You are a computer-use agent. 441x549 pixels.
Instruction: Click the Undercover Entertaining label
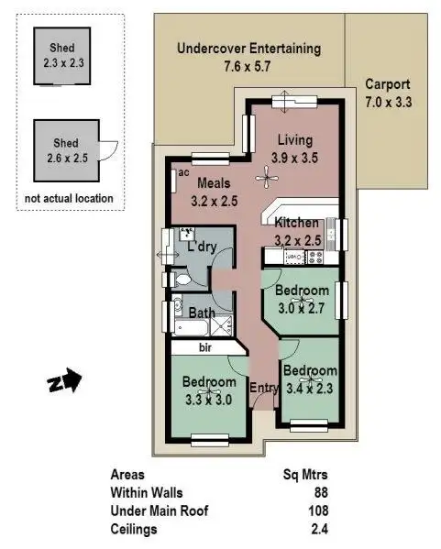[x=248, y=49]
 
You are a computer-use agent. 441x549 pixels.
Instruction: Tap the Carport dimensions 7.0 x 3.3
[x=388, y=103]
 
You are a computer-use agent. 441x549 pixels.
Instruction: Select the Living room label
[x=294, y=140]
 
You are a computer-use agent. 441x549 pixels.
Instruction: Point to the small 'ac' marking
[x=184, y=172]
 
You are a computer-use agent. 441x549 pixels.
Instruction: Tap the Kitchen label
[x=297, y=223]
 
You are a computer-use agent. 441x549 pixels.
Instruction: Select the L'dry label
[x=201, y=247]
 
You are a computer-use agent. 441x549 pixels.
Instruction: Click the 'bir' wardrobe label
[x=205, y=348]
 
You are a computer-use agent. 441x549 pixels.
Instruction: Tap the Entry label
[x=263, y=388]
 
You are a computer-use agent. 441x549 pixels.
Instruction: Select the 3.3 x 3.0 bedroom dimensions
[x=206, y=399]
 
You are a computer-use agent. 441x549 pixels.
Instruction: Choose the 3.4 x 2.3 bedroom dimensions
[x=309, y=388]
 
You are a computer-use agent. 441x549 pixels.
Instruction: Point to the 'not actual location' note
[x=69, y=198]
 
